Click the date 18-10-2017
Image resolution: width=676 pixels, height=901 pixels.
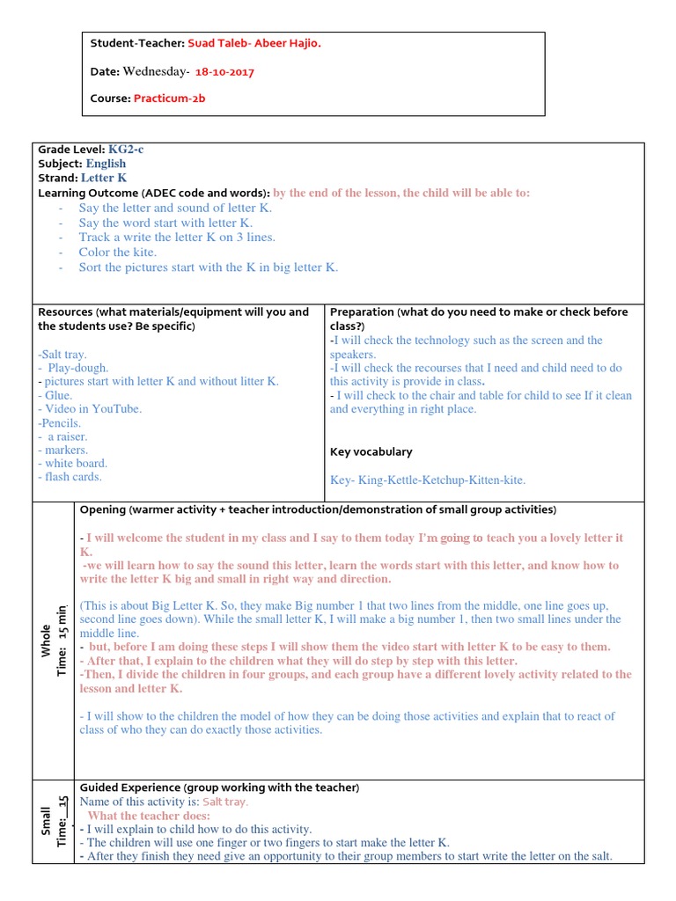[x=224, y=71]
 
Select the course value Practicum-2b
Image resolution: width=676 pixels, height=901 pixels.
[x=170, y=99]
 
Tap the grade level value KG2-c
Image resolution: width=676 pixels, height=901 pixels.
[x=126, y=150]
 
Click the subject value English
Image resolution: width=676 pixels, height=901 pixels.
[x=106, y=164]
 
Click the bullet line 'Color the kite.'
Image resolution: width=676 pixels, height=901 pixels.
[x=117, y=253]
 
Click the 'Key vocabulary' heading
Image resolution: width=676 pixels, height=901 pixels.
[x=371, y=452]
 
